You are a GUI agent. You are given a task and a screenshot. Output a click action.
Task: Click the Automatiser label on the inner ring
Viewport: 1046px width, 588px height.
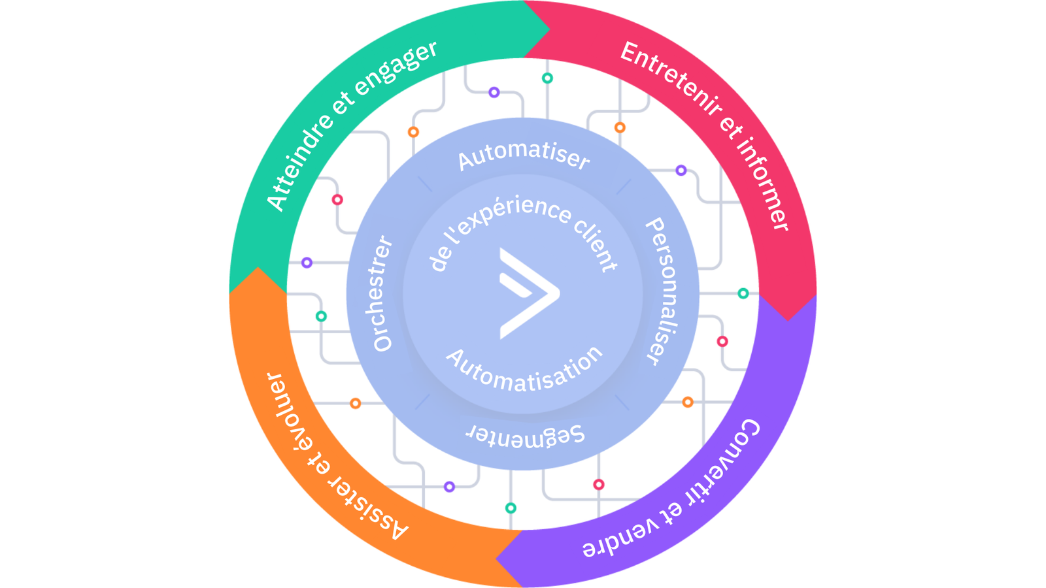[523, 155]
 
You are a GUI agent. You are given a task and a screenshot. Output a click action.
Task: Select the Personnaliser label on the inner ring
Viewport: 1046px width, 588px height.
[662, 291]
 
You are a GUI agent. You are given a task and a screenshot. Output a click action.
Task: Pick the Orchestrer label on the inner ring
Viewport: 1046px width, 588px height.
[382, 294]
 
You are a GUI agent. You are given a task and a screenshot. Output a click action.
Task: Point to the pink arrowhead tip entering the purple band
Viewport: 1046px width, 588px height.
[788, 318]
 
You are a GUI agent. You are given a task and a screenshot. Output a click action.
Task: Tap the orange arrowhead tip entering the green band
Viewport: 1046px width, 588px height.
[258, 269]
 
